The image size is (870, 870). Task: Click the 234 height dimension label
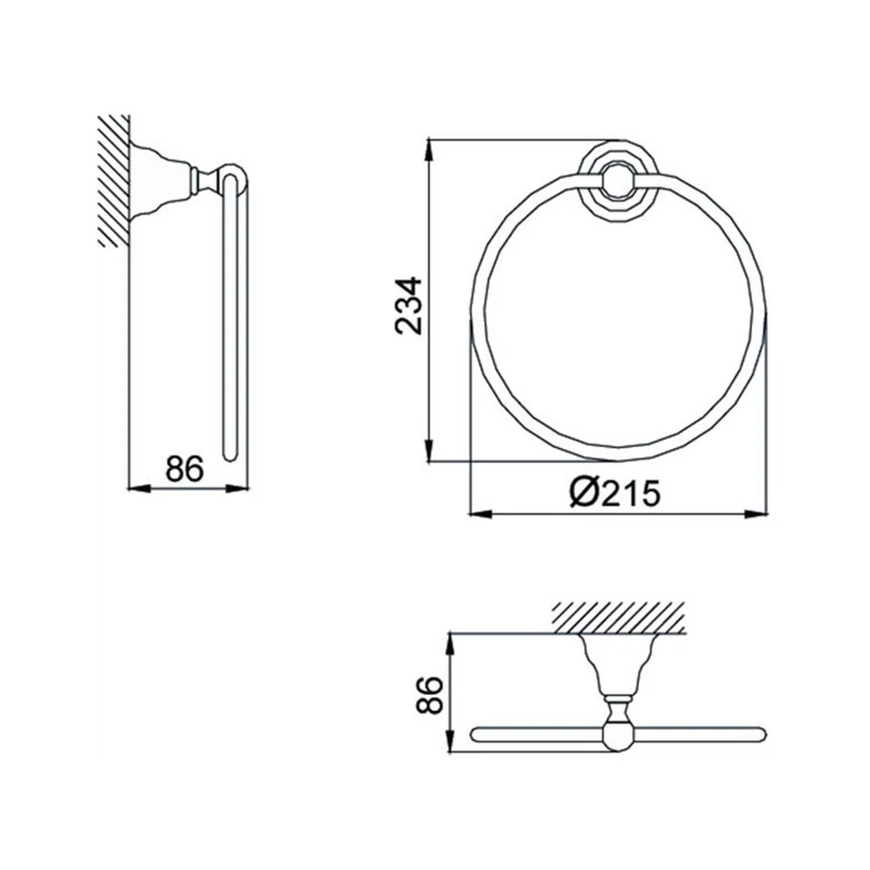[409, 306]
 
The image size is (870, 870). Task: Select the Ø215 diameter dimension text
[615, 492]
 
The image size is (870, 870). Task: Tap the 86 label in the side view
[184, 468]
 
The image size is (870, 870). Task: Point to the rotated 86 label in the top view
[430, 694]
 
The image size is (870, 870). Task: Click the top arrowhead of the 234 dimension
[428, 150]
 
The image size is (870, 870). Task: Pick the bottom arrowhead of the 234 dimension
[428, 450]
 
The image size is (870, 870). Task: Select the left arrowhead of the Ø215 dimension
[481, 514]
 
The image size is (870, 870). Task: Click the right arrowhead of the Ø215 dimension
[757, 514]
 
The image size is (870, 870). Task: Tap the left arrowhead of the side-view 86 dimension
[139, 488]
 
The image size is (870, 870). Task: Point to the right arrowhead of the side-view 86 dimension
[238, 488]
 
